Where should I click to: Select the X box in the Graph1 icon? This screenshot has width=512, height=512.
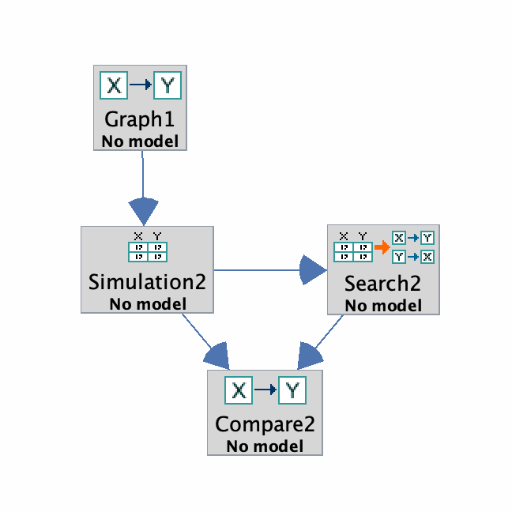pos(114,84)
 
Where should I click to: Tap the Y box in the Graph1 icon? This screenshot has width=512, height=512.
pos(167,84)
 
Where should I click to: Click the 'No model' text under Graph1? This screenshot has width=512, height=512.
pos(140,141)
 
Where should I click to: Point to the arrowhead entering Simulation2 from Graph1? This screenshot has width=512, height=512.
pos(144,212)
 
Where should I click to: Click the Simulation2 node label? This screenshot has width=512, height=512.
pos(148,282)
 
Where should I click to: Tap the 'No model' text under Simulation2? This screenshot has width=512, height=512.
pos(148,304)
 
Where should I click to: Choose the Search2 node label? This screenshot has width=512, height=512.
pos(383,284)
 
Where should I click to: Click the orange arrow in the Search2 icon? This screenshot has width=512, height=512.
pos(382,248)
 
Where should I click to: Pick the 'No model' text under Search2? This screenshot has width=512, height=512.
pos(383,306)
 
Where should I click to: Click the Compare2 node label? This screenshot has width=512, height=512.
pos(265,424)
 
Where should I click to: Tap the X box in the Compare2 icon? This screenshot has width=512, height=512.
pos(239,390)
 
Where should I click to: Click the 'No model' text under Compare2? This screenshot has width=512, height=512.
pos(265,446)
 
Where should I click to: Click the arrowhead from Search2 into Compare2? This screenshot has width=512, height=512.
pos(311,356)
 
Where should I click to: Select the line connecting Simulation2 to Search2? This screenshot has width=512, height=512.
pos(257,270)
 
